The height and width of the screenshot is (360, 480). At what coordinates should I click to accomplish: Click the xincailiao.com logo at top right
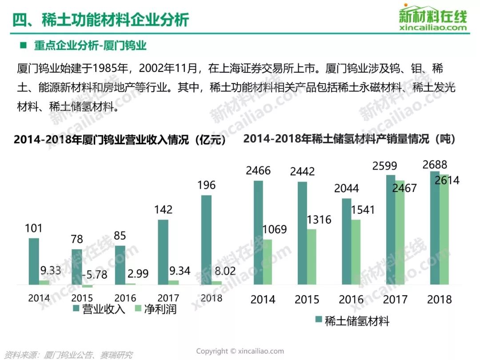coord(433,18)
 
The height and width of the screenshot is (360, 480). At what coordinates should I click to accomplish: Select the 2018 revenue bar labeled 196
coord(206,240)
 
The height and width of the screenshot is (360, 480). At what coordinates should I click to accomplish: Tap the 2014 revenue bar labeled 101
coord(34,261)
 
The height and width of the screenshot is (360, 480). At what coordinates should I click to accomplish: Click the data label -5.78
coord(95,274)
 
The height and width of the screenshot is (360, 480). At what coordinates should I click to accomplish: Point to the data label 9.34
coord(180,271)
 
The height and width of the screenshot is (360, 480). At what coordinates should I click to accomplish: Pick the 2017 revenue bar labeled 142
coord(163,252)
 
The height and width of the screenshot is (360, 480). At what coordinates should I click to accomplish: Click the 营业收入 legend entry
coord(99,309)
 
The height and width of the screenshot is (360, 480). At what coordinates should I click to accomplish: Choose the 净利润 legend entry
coord(156,309)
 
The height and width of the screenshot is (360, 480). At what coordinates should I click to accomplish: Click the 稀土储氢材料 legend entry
coord(352,321)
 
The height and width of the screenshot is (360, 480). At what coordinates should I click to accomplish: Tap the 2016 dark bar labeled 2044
coord(347,241)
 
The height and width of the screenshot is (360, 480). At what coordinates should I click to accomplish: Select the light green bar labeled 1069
coord(267,262)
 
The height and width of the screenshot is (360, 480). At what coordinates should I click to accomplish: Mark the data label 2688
coord(435,165)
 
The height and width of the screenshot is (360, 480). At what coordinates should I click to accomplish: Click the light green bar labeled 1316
coord(312,257)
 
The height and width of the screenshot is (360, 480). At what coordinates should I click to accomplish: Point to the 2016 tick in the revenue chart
coord(125,298)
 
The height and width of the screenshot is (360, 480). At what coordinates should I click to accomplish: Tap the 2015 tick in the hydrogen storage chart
coord(307,300)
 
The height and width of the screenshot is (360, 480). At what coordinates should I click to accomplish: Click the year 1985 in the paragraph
coord(110,68)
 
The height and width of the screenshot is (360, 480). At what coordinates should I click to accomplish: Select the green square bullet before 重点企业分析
coord(23,45)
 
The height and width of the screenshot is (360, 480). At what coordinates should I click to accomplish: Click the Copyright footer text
coord(240,351)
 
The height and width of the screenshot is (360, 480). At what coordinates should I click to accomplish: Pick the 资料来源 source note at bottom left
coord(69,355)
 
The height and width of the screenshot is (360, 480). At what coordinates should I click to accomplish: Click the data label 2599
coord(384,166)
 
